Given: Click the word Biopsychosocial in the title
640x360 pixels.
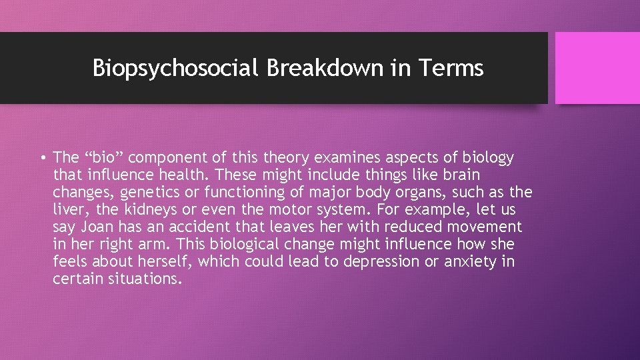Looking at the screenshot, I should coord(175,68).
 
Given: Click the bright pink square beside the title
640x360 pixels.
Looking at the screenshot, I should coord(597,68).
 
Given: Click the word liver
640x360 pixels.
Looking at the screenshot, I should coord(68,210).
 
